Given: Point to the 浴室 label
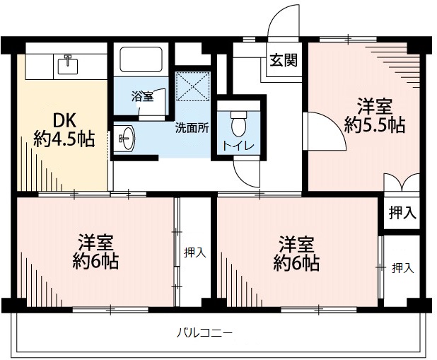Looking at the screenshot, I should coord(142,97).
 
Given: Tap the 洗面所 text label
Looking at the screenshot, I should coord(192,129).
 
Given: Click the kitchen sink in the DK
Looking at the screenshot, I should coord(69,64).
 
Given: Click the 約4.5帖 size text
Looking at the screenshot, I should coord(64,139).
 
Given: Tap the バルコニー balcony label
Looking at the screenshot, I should coord(204,332).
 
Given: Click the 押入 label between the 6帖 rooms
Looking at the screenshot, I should coord(195,252).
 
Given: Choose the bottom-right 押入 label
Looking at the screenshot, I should coord(402,268).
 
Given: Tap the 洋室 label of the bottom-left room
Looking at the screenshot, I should coord(98,241).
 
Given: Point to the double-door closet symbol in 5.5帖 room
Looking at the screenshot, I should coord(402,183).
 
